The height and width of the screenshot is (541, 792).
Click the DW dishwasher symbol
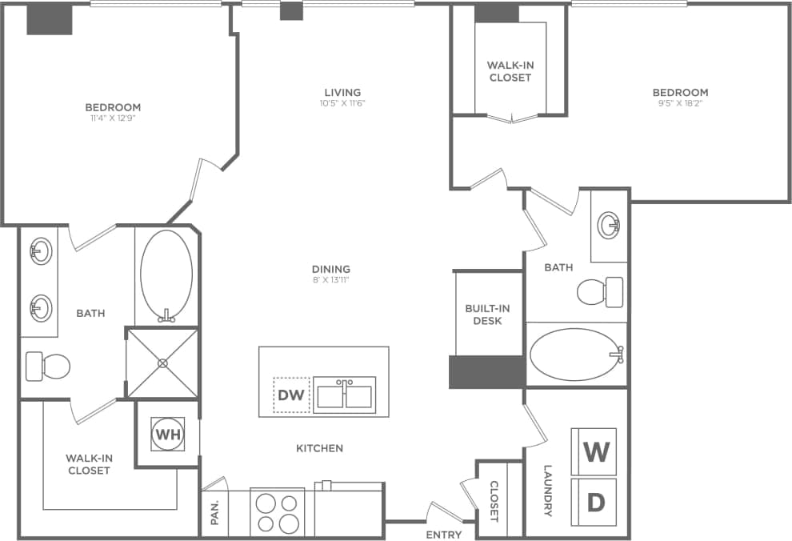pos(291,394)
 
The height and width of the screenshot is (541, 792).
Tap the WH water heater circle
pos(167,435)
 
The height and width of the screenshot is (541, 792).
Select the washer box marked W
pos(594,452)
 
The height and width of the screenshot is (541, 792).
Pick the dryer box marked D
pos(594,502)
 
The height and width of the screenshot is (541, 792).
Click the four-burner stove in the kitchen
pos(277,512)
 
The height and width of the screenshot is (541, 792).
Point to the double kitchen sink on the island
pos(343,395)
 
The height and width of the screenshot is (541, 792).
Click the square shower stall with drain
pos(162,363)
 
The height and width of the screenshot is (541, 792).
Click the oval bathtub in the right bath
pos(575,355)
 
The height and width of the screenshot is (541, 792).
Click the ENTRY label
pos(443,534)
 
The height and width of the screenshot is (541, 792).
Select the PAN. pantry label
pos(215,513)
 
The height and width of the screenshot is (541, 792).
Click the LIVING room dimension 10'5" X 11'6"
pos(342,103)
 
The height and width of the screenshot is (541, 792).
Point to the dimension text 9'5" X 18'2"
pos(680,103)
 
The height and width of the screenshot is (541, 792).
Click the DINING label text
pos(331,269)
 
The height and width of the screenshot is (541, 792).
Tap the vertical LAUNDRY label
pos(548,490)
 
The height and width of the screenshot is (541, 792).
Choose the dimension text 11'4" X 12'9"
pos(113,118)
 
